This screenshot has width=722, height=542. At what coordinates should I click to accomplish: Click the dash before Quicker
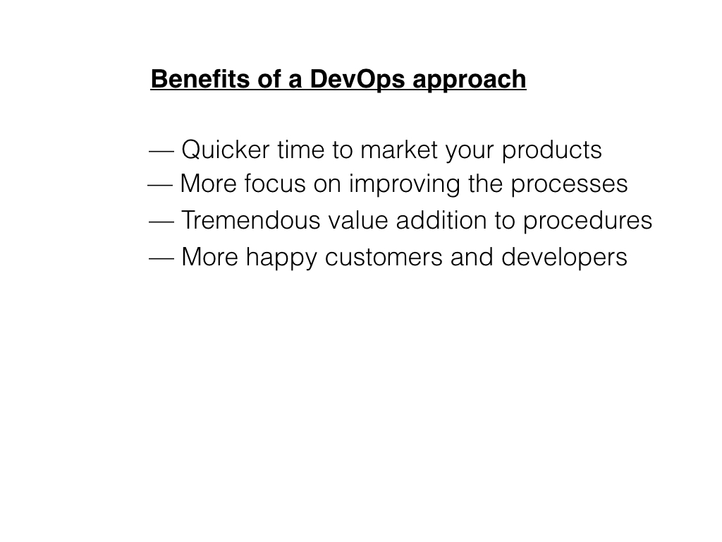click(x=162, y=150)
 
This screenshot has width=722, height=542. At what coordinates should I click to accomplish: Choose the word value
click(x=357, y=221)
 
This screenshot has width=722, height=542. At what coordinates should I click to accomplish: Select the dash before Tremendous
click(x=162, y=221)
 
